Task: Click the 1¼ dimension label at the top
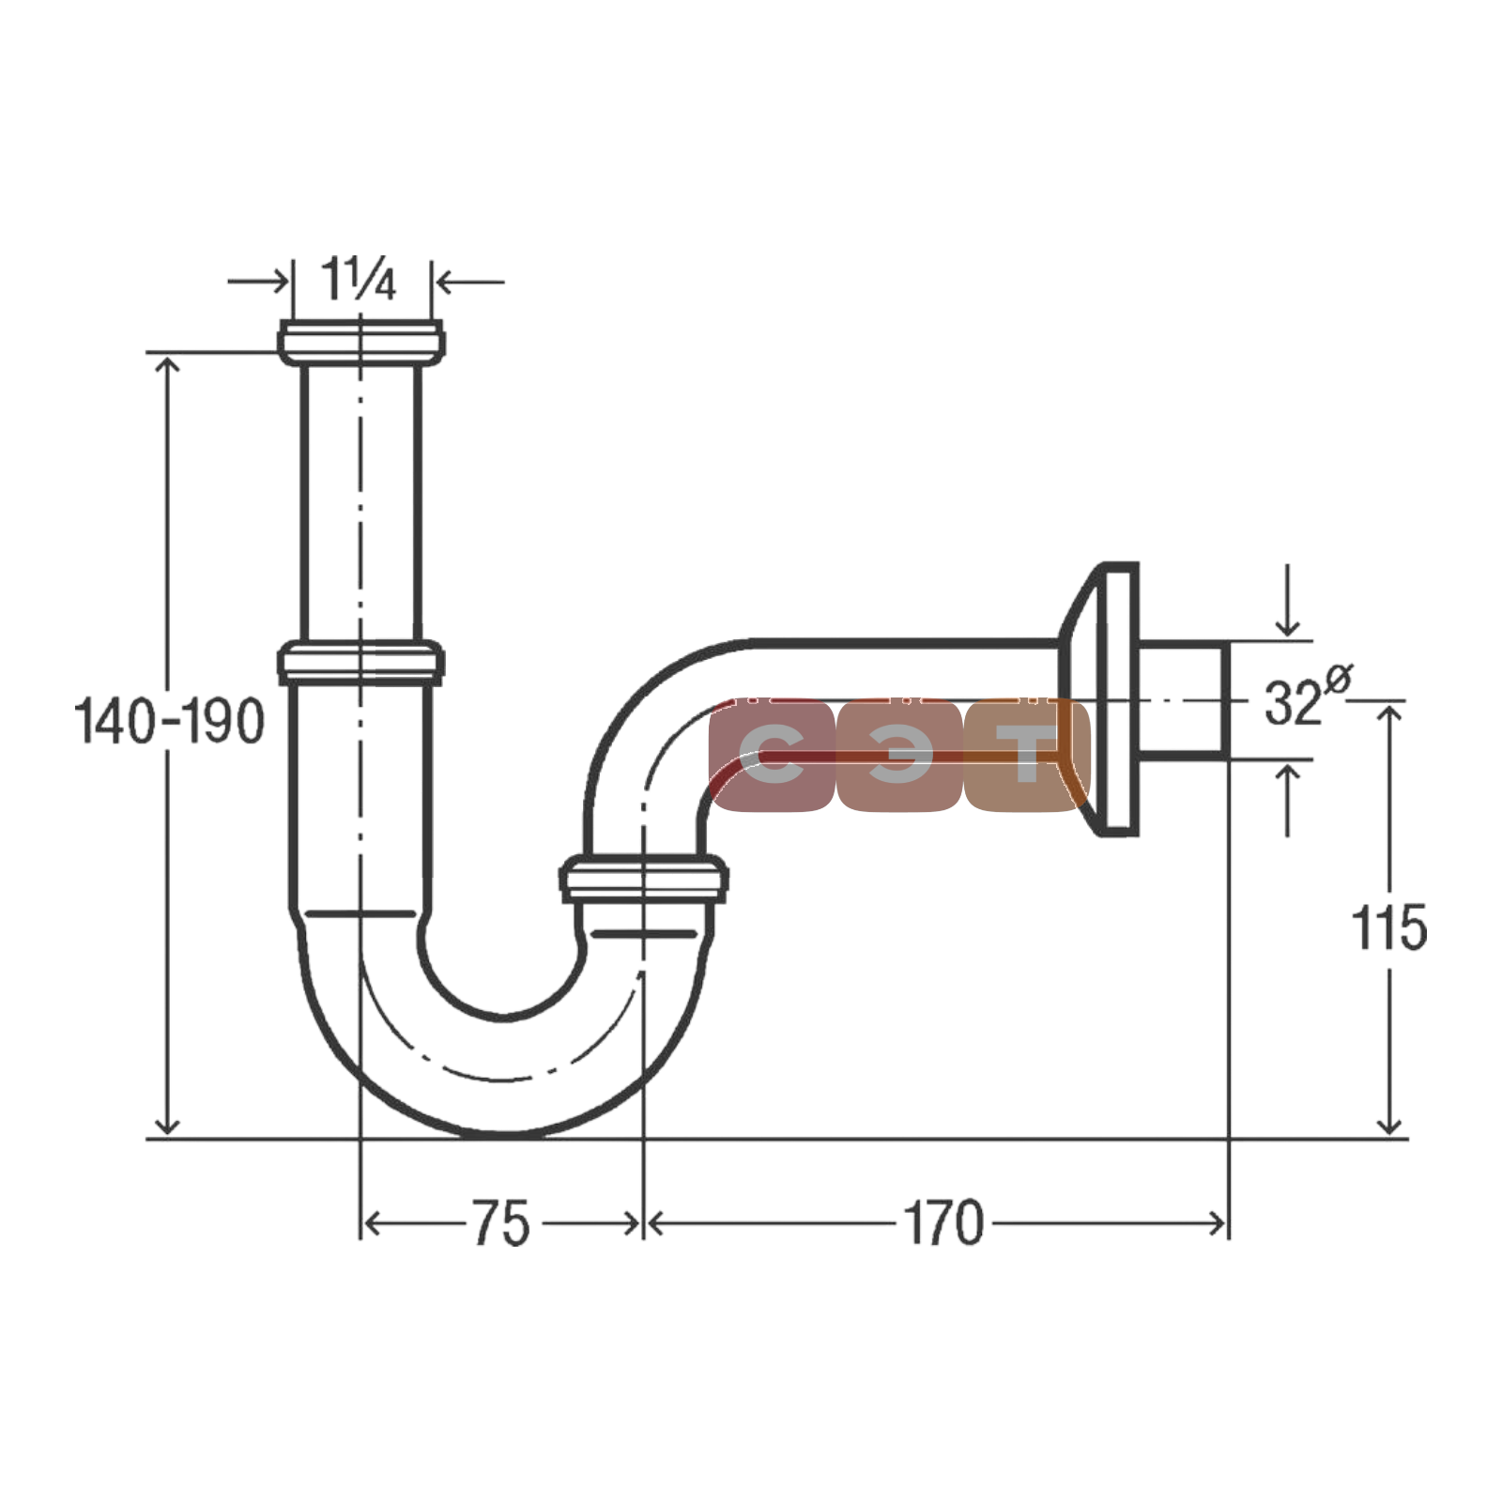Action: click(x=358, y=279)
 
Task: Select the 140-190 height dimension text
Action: click(x=169, y=721)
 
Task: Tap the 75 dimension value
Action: click(x=500, y=1223)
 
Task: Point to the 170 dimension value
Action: click(x=943, y=1223)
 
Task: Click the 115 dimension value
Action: click(x=1388, y=927)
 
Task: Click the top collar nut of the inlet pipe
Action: click(x=360, y=343)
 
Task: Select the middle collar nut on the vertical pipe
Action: click(x=360, y=662)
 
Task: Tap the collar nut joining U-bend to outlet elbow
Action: click(x=644, y=879)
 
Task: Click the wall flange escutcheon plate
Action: click(x=1100, y=699)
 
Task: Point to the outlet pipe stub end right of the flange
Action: click(x=1184, y=700)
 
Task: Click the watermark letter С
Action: click(x=772, y=754)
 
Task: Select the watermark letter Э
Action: click(x=899, y=754)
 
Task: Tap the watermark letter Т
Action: click(x=1027, y=754)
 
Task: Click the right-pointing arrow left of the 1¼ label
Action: click(x=259, y=281)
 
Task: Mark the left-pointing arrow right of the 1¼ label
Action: click(x=469, y=281)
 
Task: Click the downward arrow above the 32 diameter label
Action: click(x=1288, y=601)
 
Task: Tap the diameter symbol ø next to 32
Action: click(x=1338, y=679)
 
